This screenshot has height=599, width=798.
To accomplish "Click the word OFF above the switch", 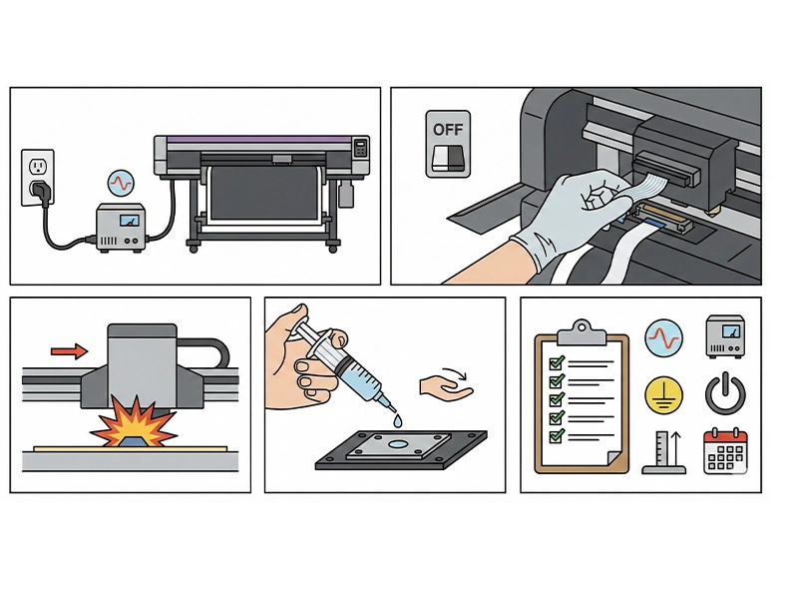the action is click(448, 130).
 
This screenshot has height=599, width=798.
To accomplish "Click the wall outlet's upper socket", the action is click(37, 166).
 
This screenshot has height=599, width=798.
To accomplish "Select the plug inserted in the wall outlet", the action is click(41, 191).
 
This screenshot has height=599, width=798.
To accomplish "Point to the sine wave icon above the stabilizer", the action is click(121, 183).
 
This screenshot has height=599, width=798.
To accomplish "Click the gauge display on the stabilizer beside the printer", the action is click(129, 220).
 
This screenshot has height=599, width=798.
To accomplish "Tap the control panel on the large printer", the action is click(361, 148).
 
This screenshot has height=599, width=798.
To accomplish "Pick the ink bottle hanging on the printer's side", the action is click(346, 194).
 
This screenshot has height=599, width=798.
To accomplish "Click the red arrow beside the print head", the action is click(69, 351).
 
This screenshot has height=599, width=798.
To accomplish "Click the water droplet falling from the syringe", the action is click(397, 421).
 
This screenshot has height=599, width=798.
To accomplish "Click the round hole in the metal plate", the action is click(398, 444).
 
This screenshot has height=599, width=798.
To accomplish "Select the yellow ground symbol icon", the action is click(663, 395).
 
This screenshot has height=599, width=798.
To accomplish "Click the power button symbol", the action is click(725, 393).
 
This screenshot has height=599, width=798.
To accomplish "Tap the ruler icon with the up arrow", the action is click(663, 452).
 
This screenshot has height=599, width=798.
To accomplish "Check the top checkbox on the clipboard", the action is click(557, 362).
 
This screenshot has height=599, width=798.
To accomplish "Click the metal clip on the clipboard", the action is click(582, 332).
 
